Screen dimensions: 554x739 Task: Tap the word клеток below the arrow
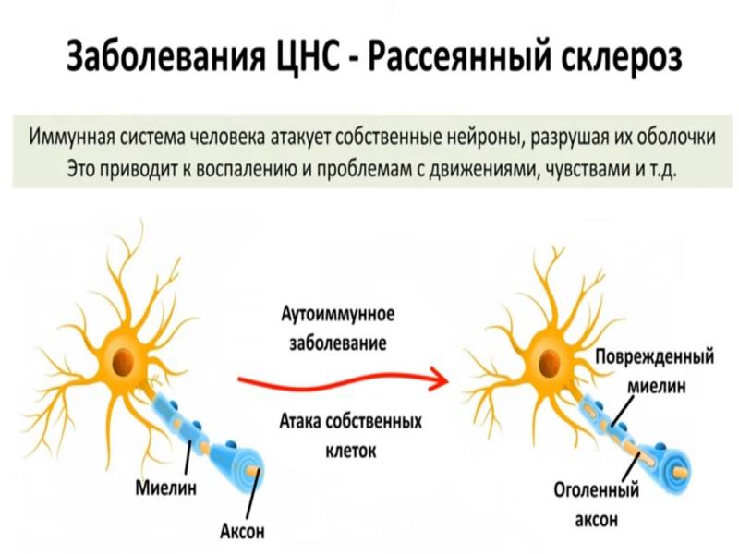(x=351, y=452)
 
